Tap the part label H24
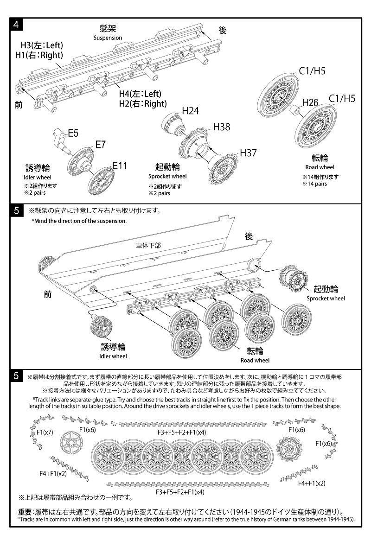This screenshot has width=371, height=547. (x=190, y=111)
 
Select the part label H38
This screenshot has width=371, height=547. (x=221, y=127)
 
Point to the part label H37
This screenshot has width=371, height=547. (x=248, y=153)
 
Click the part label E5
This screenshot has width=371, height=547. (x=73, y=134)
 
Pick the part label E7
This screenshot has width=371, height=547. (x=101, y=145)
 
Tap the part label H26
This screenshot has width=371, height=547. (x=311, y=102)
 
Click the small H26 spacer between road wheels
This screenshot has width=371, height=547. (x=294, y=112)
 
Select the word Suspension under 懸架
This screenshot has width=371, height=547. (x=108, y=38)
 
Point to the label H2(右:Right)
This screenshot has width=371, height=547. (x=142, y=103)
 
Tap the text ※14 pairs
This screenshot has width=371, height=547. (x=314, y=184)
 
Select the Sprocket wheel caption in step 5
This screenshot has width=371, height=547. (x=326, y=299)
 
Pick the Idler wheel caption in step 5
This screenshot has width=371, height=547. (x=113, y=356)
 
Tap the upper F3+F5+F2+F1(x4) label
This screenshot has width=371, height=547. (x=181, y=432)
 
